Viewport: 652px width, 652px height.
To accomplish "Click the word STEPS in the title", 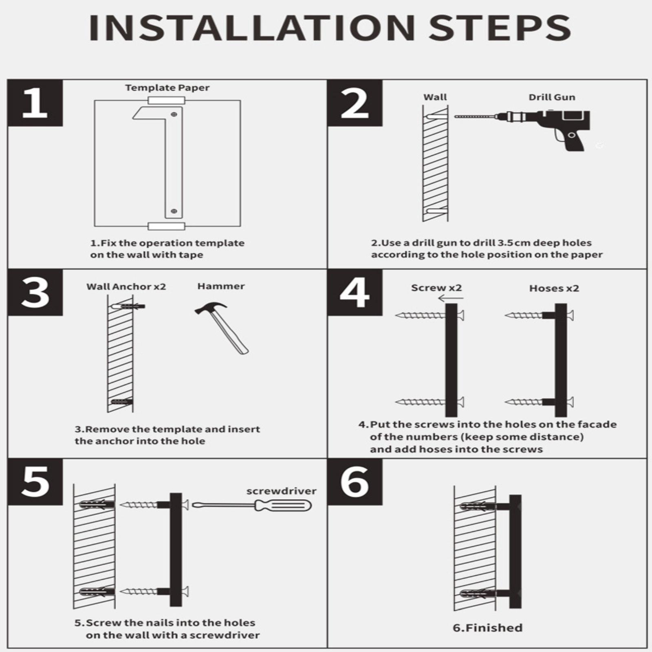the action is (x=500, y=28).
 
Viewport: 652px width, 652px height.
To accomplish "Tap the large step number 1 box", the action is (x=35, y=103).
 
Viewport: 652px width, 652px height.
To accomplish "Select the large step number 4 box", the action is (x=355, y=293).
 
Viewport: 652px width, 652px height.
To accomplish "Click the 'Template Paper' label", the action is (x=167, y=88).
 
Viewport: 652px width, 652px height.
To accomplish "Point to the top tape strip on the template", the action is (x=167, y=101).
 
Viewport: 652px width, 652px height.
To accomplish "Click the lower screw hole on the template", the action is (x=174, y=211).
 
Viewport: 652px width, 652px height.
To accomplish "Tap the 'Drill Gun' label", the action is (x=552, y=97).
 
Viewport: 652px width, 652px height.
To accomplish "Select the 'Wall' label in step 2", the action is (x=435, y=97).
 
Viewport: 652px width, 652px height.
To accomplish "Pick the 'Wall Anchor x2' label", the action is (x=126, y=286).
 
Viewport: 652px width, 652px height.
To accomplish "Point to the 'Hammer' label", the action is (x=221, y=286).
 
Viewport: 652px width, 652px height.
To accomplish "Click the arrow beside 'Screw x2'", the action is (x=451, y=299).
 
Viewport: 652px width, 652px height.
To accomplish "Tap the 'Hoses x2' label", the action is (x=554, y=289).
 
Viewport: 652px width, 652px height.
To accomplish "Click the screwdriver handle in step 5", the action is (x=283, y=506).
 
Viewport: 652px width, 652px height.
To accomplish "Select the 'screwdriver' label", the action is (x=281, y=491).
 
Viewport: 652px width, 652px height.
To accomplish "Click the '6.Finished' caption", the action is (x=487, y=628).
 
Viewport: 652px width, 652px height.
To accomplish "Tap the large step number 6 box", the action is (x=355, y=482).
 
